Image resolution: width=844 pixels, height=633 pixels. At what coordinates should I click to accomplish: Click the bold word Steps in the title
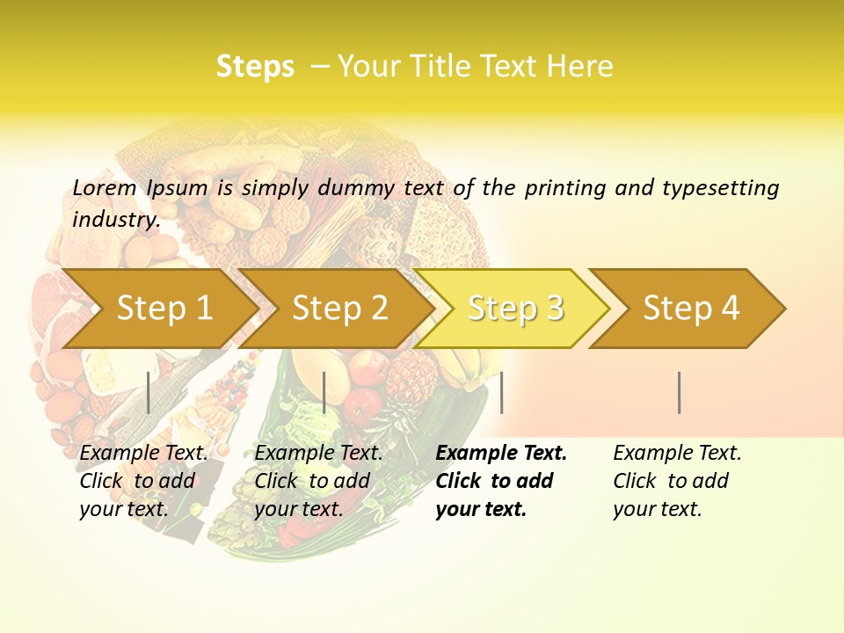[x=255, y=67]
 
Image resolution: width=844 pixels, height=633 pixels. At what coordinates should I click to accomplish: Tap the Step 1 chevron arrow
[x=164, y=309]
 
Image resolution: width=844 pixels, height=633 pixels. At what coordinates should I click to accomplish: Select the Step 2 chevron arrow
[x=339, y=309]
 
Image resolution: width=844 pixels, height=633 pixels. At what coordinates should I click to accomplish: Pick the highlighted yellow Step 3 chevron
[x=515, y=309]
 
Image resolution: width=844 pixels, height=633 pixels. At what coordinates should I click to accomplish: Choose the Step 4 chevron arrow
[x=691, y=309]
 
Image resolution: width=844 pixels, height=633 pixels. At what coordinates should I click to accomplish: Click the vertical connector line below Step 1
[x=149, y=392]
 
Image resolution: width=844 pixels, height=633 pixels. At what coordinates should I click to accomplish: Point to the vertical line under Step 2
[x=324, y=392]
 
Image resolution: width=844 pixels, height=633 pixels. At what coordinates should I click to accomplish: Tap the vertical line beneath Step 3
[x=501, y=392]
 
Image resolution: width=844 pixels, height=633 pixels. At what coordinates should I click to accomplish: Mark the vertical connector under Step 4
[x=680, y=392]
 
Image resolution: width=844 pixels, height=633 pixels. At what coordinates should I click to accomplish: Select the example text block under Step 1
[x=143, y=481]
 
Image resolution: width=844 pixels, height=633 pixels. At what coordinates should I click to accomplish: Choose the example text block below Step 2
[x=318, y=481]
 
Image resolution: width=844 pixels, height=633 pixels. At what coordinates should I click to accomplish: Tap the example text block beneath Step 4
[x=677, y=481]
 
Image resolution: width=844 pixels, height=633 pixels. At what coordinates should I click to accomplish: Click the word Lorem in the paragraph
[x=105, y=188]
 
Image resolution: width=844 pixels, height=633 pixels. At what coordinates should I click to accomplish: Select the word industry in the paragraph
[x=115, y=220]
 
